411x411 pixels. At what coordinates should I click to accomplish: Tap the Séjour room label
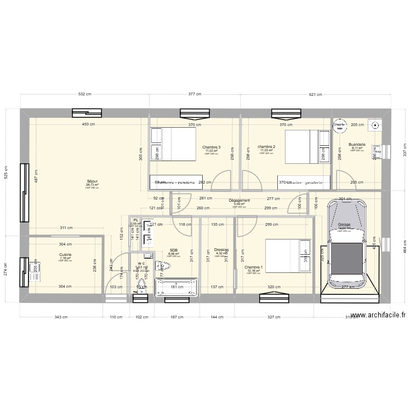click(x=92, y=181)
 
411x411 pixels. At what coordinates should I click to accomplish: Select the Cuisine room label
click(x=65, y=255)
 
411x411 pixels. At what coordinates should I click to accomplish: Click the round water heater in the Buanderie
click(x=339, y=125)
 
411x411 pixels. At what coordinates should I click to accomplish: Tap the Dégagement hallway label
click(x=239, y=201)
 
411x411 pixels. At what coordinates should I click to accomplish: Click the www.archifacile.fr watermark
click(x=378, y=316)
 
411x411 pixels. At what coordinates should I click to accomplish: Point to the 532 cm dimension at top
click(x=85, y=95)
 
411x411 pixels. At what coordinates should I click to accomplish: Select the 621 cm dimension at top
click(x=315, y=95)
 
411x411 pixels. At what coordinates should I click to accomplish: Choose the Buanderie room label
click(x=356, y=145)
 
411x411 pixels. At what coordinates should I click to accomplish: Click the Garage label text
click(x=344, y=225)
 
